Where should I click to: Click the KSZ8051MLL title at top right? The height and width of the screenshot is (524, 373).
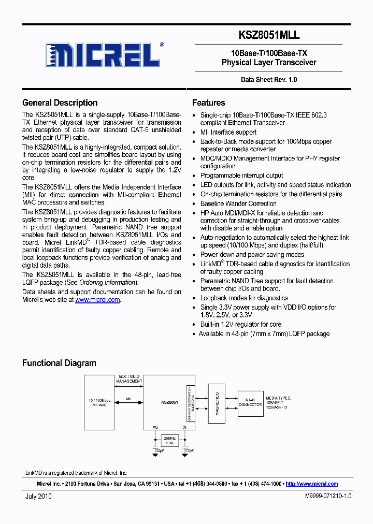[x=269, y=35]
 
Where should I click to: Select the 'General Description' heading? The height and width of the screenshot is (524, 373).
[x=60, y=103]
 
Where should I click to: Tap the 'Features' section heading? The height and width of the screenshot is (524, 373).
[x=208, y=103]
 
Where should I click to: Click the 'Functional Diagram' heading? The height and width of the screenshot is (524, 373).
[x=59, y=363]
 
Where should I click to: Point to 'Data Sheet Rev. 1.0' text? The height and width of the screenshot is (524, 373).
[x=269, y=80]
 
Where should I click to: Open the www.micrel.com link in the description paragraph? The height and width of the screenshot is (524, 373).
[x=97, y=300]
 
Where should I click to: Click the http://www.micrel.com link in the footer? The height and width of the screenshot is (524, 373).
[x=311, y=484]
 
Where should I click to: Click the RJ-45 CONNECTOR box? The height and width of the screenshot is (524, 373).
[x=250, y=402]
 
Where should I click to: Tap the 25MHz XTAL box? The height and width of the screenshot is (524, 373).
[x=169, y=440]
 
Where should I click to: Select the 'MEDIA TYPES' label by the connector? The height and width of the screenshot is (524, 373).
[x=279, y=398]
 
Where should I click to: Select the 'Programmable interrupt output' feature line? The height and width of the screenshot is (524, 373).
[x=241, y=176]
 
